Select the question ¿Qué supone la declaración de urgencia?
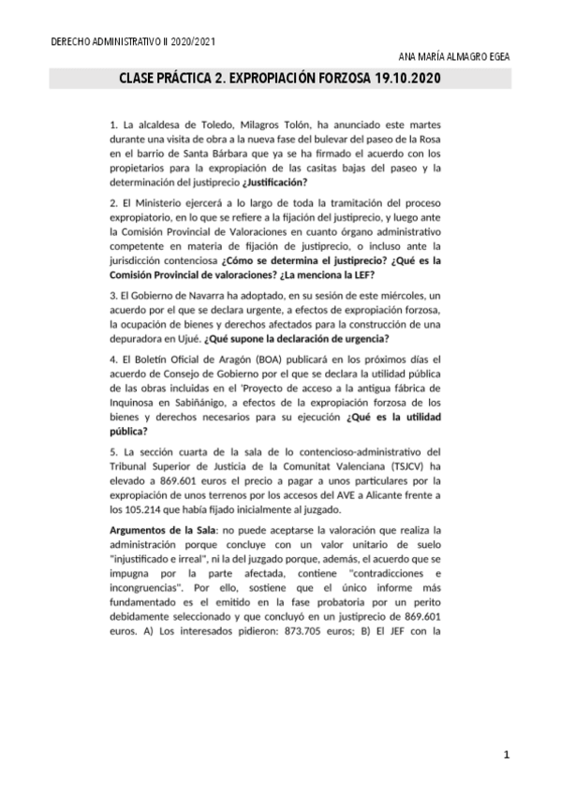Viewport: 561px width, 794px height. tap(303, 337)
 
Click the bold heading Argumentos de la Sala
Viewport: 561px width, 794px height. tap(160, 531)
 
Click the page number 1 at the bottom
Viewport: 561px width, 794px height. tap(506, 755)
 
